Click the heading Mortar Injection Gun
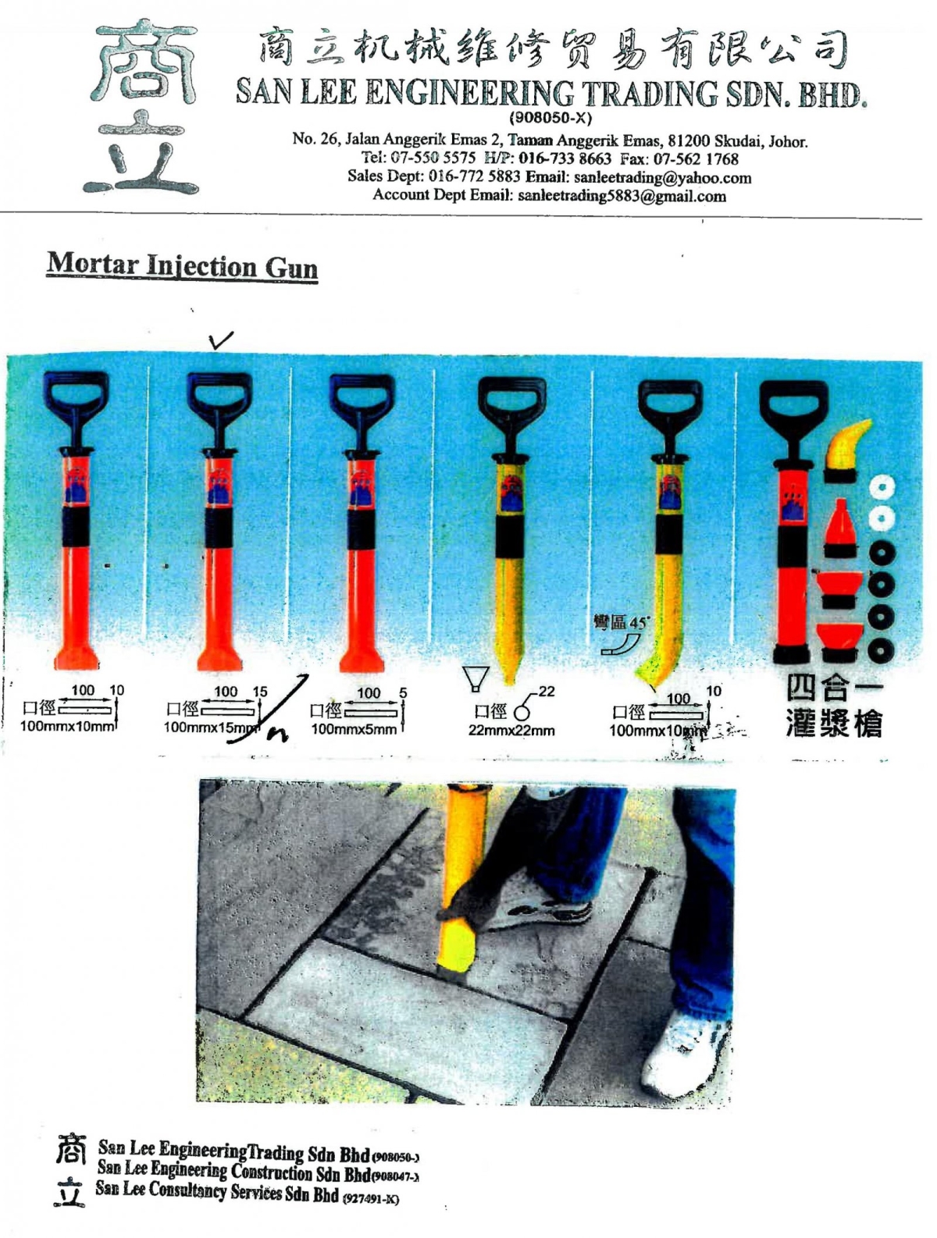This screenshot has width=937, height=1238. tap(182, 265)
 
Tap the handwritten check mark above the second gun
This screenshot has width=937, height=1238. tap(221, 340)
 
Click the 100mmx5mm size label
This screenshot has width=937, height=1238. tap(354, 729)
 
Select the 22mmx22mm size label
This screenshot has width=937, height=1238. tap(511, 731)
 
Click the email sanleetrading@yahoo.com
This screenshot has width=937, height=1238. tap(662, 178)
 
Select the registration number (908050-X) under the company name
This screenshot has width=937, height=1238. tap(550, 119)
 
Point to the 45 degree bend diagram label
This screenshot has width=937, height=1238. tap(620, 623)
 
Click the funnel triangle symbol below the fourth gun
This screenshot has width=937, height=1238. tap(476, 678)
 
